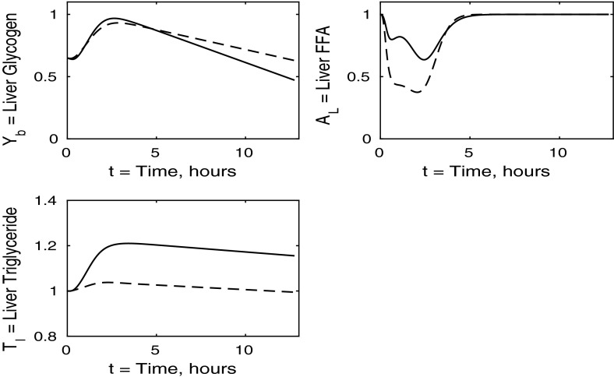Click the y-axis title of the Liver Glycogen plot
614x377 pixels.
tap(17, 72)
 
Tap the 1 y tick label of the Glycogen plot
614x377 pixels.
tap(56, 14)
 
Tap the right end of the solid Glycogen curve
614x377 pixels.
tap(295, 79)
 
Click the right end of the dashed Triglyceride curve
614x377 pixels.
tap(295, 292)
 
